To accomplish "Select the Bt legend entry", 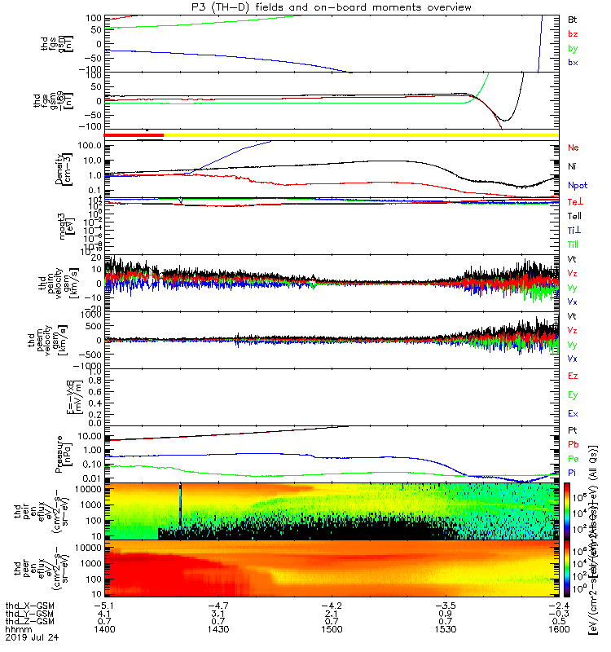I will point(573,19).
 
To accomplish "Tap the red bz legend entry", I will point(573,34).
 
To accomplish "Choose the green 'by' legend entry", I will point(573,49).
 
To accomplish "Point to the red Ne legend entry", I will point(574,148).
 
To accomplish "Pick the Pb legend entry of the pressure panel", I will point(574,444).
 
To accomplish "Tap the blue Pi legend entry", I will point(573,473).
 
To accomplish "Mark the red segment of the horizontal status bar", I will point(134,134).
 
